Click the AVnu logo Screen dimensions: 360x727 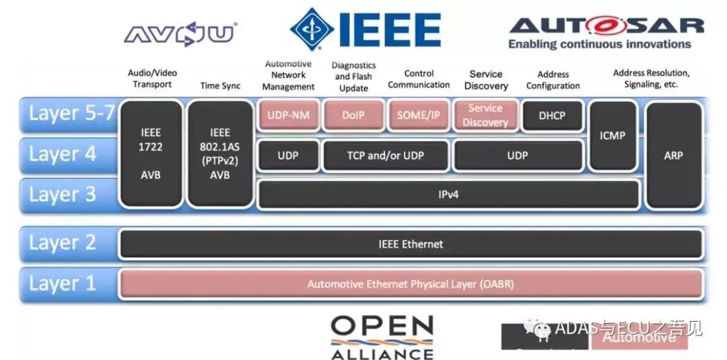coord(180,33)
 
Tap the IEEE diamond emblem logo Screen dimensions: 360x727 coord(311,29)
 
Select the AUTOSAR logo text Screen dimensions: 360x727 coord(606,26)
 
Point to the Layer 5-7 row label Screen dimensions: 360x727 coord(71,113)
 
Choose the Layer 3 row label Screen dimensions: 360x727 coord(63,194)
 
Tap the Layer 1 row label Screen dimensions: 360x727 coord(63,283)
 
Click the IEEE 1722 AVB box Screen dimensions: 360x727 coord(151,153)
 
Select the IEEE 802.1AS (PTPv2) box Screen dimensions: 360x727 coord(219,153)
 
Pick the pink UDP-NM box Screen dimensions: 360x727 coord(288,115)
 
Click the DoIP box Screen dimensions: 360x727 coord(353,115)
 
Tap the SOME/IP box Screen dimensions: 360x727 coord(417,115)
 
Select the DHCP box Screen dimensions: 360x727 coord(552,116)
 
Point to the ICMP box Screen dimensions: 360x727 coord(613,135)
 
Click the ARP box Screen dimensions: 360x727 coord(673,155)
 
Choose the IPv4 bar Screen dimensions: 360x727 coord(448,195)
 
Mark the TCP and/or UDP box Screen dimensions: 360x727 coord(386,155)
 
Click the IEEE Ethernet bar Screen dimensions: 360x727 coord(411,244)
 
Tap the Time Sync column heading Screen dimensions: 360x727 coord(219,85)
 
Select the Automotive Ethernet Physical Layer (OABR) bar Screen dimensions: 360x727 coord(411,284)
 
